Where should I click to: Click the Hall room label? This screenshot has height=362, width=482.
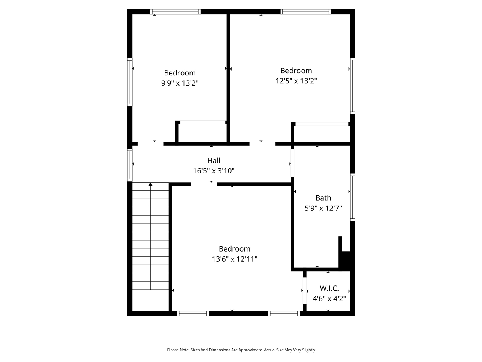pyautogui.click(x=214, y=161)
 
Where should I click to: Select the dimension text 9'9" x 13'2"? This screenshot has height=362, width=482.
pyautogui.click(x=180, y=83)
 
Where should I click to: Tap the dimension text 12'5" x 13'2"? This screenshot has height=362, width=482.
pyautogui.click(x=296, y=81)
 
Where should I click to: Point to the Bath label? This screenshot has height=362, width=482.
pyautogui.click(x=323, y=198)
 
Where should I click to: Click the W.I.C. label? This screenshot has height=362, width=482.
pyautogui.click(x=329, y=288)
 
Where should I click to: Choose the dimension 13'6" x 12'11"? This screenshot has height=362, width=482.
pyautogui.click(x=234, y=259)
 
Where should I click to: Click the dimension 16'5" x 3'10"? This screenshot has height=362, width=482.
pyautogui.click(x=214, y=171)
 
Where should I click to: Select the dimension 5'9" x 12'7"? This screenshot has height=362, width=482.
pyautogui.click(x=323, y=208)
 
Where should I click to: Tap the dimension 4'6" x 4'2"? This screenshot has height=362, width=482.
pyautogui.click(x=329, y=299)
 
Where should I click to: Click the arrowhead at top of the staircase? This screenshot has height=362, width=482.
pyautogui.click(x=151, y=184)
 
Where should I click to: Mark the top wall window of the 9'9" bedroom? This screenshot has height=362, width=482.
pyautogui.click(x=175, y=12)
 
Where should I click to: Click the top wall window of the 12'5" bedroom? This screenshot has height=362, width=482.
pyautogui.click(x=306, y=12)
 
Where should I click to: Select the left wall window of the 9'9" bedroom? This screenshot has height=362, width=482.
pyautogui.click(x=130, y=82)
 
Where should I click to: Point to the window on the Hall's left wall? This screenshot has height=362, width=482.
pyautogui.click(x=130, y=165)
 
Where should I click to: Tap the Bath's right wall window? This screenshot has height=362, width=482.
pyautogui.click(x=352, y=197)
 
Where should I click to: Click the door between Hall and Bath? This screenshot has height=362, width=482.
pyautogui.click(x=292, y=163)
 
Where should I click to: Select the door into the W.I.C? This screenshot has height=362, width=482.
pyautogui.click(x=305, y=290)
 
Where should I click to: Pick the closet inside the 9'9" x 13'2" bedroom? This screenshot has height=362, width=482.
pyautogui.click(x=202, y=133)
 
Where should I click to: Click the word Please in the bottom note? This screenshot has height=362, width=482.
pyautogui.click(x=173, y=350)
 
